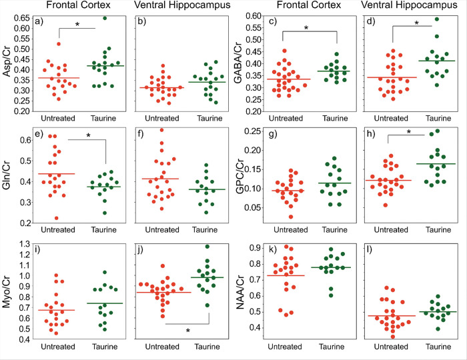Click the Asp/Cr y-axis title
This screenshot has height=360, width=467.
(x=7, y=61)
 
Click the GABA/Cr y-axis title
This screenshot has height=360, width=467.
(x=238, y=63)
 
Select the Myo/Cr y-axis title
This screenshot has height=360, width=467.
(x=7, y=291)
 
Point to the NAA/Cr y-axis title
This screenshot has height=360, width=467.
(x=240, y=292)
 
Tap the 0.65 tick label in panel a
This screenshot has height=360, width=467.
(x=22, y=18)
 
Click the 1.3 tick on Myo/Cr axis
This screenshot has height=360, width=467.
(x=25, y=244)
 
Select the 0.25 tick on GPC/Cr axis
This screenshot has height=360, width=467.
(x=253, y=131)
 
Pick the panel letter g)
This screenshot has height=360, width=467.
(x=272, y=133)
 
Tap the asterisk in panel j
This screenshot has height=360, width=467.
(x=187, y=331)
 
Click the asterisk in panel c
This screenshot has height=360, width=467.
(x=306, y=28)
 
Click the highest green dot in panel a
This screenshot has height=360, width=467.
(x=105, y=18)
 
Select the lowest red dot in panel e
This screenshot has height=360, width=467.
(x=56, y=218)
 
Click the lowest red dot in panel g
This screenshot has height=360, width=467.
(x=291, y=217)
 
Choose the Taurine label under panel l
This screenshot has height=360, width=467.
(x=438, y=347)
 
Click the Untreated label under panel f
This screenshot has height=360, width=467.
(x=162, y=230)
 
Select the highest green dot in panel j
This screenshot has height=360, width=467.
(x=207, y=247)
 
